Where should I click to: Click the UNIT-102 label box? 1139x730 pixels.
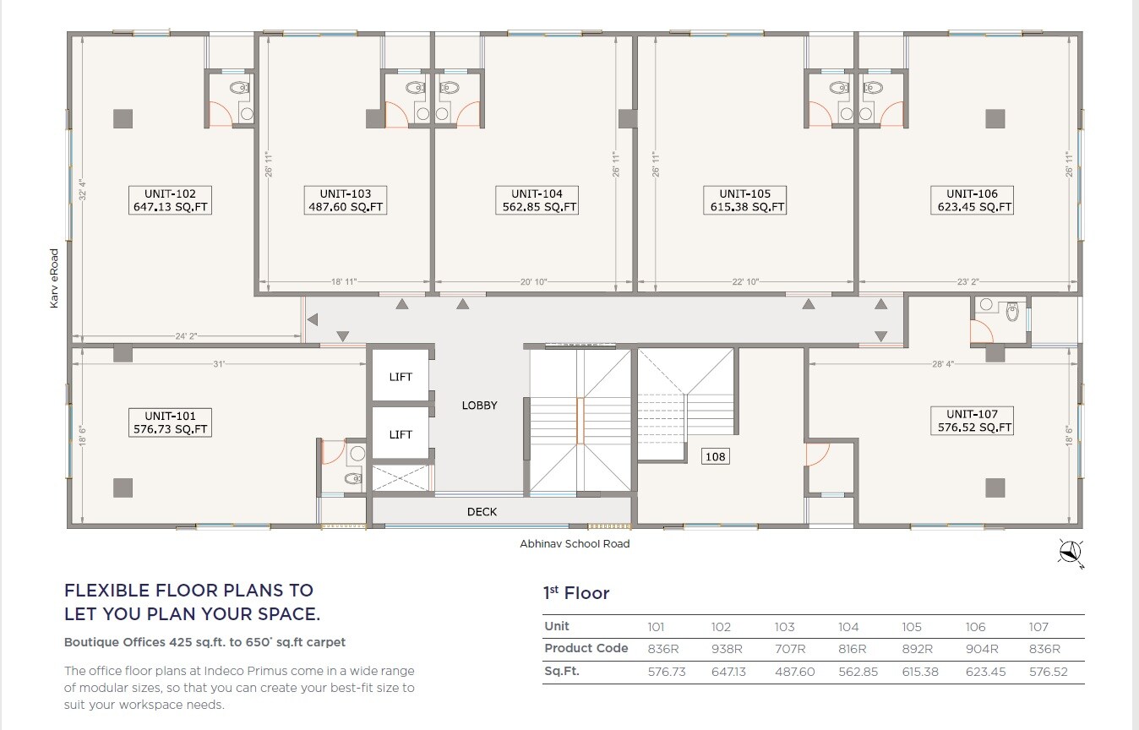[170, 200]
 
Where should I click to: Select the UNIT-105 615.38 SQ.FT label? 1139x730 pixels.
[745, 200]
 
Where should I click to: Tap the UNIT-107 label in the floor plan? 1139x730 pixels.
[972, 421]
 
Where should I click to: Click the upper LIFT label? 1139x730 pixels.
[401, 377]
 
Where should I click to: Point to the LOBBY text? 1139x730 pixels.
[479, 406]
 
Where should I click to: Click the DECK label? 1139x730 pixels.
[482, 512]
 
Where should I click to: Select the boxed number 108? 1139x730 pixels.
[716, 457]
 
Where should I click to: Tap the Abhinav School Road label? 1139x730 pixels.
[575, 544]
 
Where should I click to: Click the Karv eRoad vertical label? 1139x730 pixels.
[54, 277]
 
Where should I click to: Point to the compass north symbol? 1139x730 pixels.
[1071, 553]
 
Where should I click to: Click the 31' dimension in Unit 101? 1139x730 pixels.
[219, 364]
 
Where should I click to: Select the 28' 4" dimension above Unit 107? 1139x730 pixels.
[943, 364]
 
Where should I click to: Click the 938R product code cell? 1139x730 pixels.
[727, 649]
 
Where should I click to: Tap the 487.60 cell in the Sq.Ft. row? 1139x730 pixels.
[794, 672]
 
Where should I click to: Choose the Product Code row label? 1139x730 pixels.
[586, 648]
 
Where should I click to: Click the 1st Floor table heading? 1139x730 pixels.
[575, 594]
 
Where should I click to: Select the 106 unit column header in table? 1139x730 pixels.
[975, 627]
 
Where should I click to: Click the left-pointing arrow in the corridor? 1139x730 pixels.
[313, 319]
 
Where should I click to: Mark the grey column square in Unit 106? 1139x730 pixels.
[995, 119]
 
